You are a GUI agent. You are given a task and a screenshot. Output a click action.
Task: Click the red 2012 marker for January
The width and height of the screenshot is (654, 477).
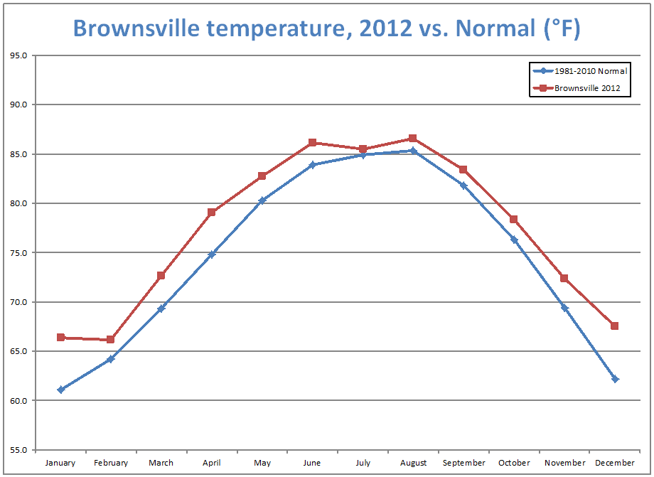coord(60,338)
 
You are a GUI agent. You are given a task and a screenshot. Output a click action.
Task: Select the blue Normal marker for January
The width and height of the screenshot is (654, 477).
coord(60,390)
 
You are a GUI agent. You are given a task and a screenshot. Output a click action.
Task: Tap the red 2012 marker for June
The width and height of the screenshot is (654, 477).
coord(312,143)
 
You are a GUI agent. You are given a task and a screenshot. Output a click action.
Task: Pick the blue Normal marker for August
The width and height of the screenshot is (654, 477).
coord(413,151)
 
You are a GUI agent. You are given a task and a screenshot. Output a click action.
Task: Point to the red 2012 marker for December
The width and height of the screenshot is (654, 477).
coord(614,326)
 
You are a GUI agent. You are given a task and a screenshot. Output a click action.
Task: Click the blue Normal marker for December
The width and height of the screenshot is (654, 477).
coord(615,379)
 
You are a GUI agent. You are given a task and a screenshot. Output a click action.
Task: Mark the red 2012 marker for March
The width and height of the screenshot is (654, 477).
coord(161,275)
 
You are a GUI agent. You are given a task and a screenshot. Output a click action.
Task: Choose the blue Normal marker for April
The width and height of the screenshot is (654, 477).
coord(212,254)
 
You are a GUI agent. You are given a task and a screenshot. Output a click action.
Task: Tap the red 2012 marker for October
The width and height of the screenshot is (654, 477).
coord(513,219)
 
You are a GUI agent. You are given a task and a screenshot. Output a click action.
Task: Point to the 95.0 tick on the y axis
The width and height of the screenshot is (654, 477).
coord(18,55)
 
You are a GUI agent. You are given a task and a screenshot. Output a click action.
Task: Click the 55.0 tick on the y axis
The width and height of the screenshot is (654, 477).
coord(18,450)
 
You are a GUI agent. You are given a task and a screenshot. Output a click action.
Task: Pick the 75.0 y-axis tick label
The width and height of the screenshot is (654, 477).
coord(18,252)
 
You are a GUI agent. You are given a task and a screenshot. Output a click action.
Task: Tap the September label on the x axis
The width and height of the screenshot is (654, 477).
coord(463,463)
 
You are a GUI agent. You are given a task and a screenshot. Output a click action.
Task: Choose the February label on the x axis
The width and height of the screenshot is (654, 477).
coord(111,463)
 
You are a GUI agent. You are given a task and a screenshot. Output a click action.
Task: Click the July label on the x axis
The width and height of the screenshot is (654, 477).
coord(363,463)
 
